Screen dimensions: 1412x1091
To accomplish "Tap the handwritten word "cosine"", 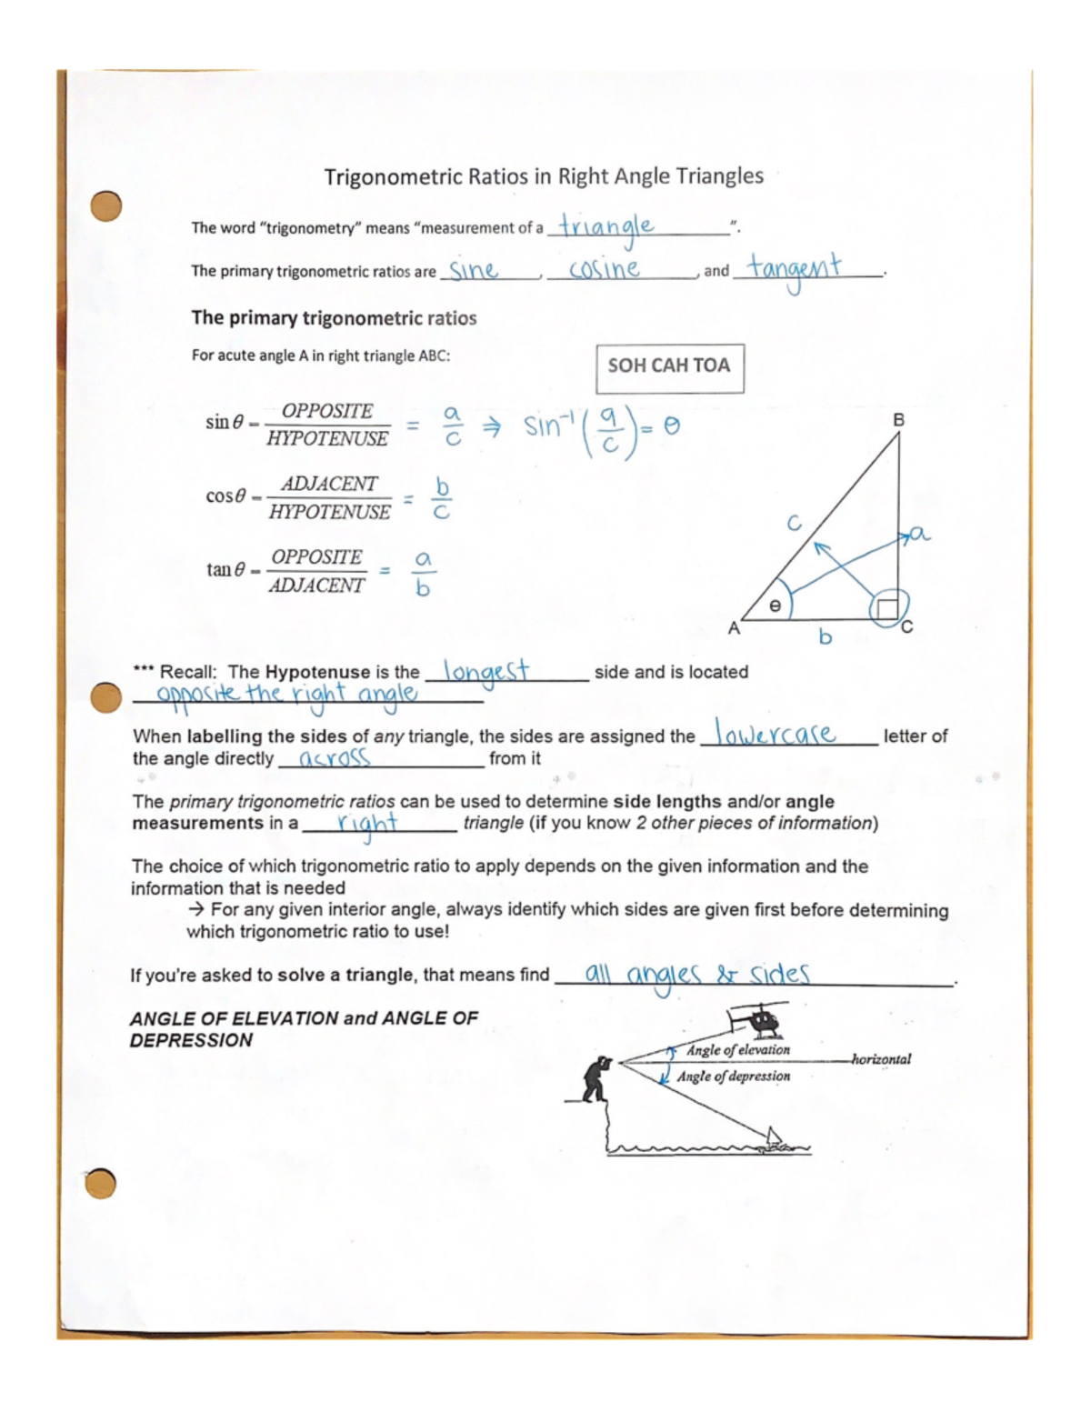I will point(604,269).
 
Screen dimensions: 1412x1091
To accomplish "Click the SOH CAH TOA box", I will point(669,366).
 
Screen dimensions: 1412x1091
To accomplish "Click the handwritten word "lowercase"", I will point(776,733).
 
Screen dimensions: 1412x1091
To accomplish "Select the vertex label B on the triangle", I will point(898,420).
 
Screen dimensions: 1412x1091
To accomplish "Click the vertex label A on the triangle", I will point(734,628).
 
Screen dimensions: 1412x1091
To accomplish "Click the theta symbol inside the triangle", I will point(775,605).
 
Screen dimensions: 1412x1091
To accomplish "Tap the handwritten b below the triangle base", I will point(825,636).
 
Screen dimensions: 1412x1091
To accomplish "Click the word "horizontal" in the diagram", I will point(880,1059).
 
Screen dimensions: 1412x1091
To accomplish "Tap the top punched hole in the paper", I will point(106,205).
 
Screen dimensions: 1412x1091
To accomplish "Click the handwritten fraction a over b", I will point(422,574).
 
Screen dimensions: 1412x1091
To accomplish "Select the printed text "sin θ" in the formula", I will point(225,422).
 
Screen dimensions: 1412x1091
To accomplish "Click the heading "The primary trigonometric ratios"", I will point(334,318).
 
